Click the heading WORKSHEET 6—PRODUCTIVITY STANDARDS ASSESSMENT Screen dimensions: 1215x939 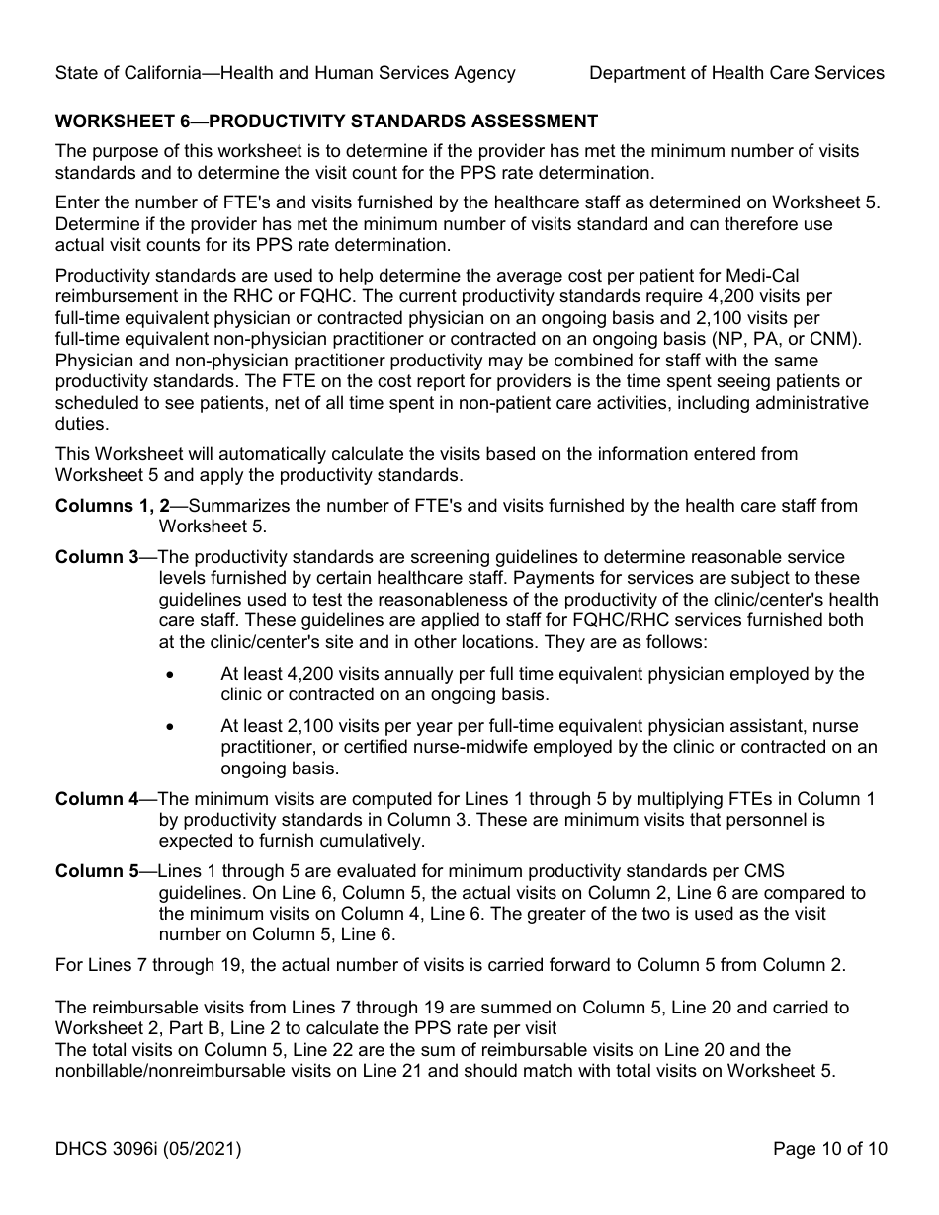point(326,121)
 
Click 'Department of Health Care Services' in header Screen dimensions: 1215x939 point(736,73)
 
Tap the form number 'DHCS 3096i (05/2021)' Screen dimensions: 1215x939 point(148,1148)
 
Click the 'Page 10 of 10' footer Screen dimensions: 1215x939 point(830,1148)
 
